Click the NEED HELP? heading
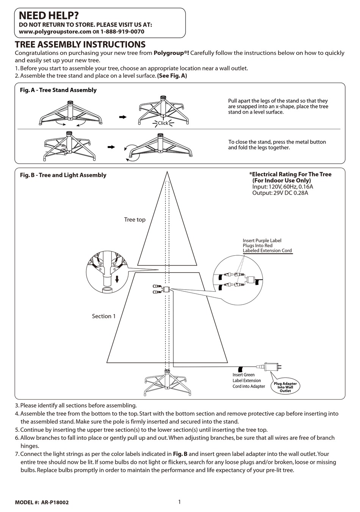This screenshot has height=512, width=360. click(x=49, y=16)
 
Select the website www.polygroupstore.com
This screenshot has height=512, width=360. click(x=55, y=32)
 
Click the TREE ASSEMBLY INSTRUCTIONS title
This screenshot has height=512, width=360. click(x=80, y=45)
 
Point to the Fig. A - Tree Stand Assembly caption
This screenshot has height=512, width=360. click(x=58, y=90)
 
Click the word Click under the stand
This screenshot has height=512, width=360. click(x=163, y=123)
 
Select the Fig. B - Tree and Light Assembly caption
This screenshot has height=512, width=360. click(x=63, y=175)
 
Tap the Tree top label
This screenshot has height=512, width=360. click(x=135, y=220)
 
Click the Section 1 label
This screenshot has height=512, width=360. click(x=104, y=316)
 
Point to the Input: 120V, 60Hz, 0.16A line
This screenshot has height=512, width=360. click(x=283, y=187)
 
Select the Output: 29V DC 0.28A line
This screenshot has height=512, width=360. click(x=280, y=193)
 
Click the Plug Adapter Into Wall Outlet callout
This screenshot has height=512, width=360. click(x=285, y=387)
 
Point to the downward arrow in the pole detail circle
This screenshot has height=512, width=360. click(x=117, y=279)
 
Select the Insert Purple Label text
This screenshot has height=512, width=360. click(x=262, y=240)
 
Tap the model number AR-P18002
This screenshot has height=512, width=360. click(x=55, y=503)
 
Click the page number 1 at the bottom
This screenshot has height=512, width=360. click(x=179, y=502)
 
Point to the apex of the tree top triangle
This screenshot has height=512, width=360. click(x=167, y=172)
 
